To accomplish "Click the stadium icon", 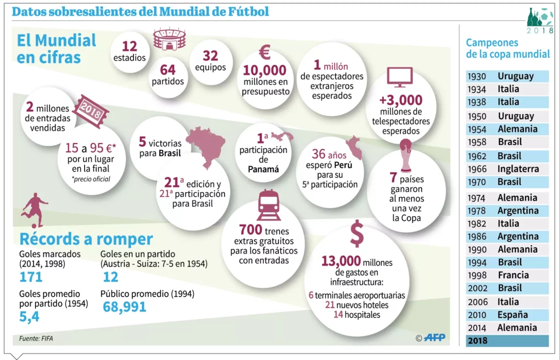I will tap(169, 39).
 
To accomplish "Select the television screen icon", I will tap(399, 77).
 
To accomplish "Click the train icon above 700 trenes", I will tap(269, 204).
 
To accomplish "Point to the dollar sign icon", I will tap(356, 233).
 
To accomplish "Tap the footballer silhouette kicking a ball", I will tap(34, 209).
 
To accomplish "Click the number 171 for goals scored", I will tap(31, 277).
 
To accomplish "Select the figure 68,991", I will tap(124, 307).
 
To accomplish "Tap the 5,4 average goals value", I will tap(29, 316).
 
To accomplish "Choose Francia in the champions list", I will tap(513, 275).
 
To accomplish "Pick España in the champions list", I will tap(513, 315).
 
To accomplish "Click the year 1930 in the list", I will tap(478, 76).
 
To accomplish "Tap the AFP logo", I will tap(435, 338).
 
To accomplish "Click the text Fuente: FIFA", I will tap(36, 338).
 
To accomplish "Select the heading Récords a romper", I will tap(86, 239).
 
